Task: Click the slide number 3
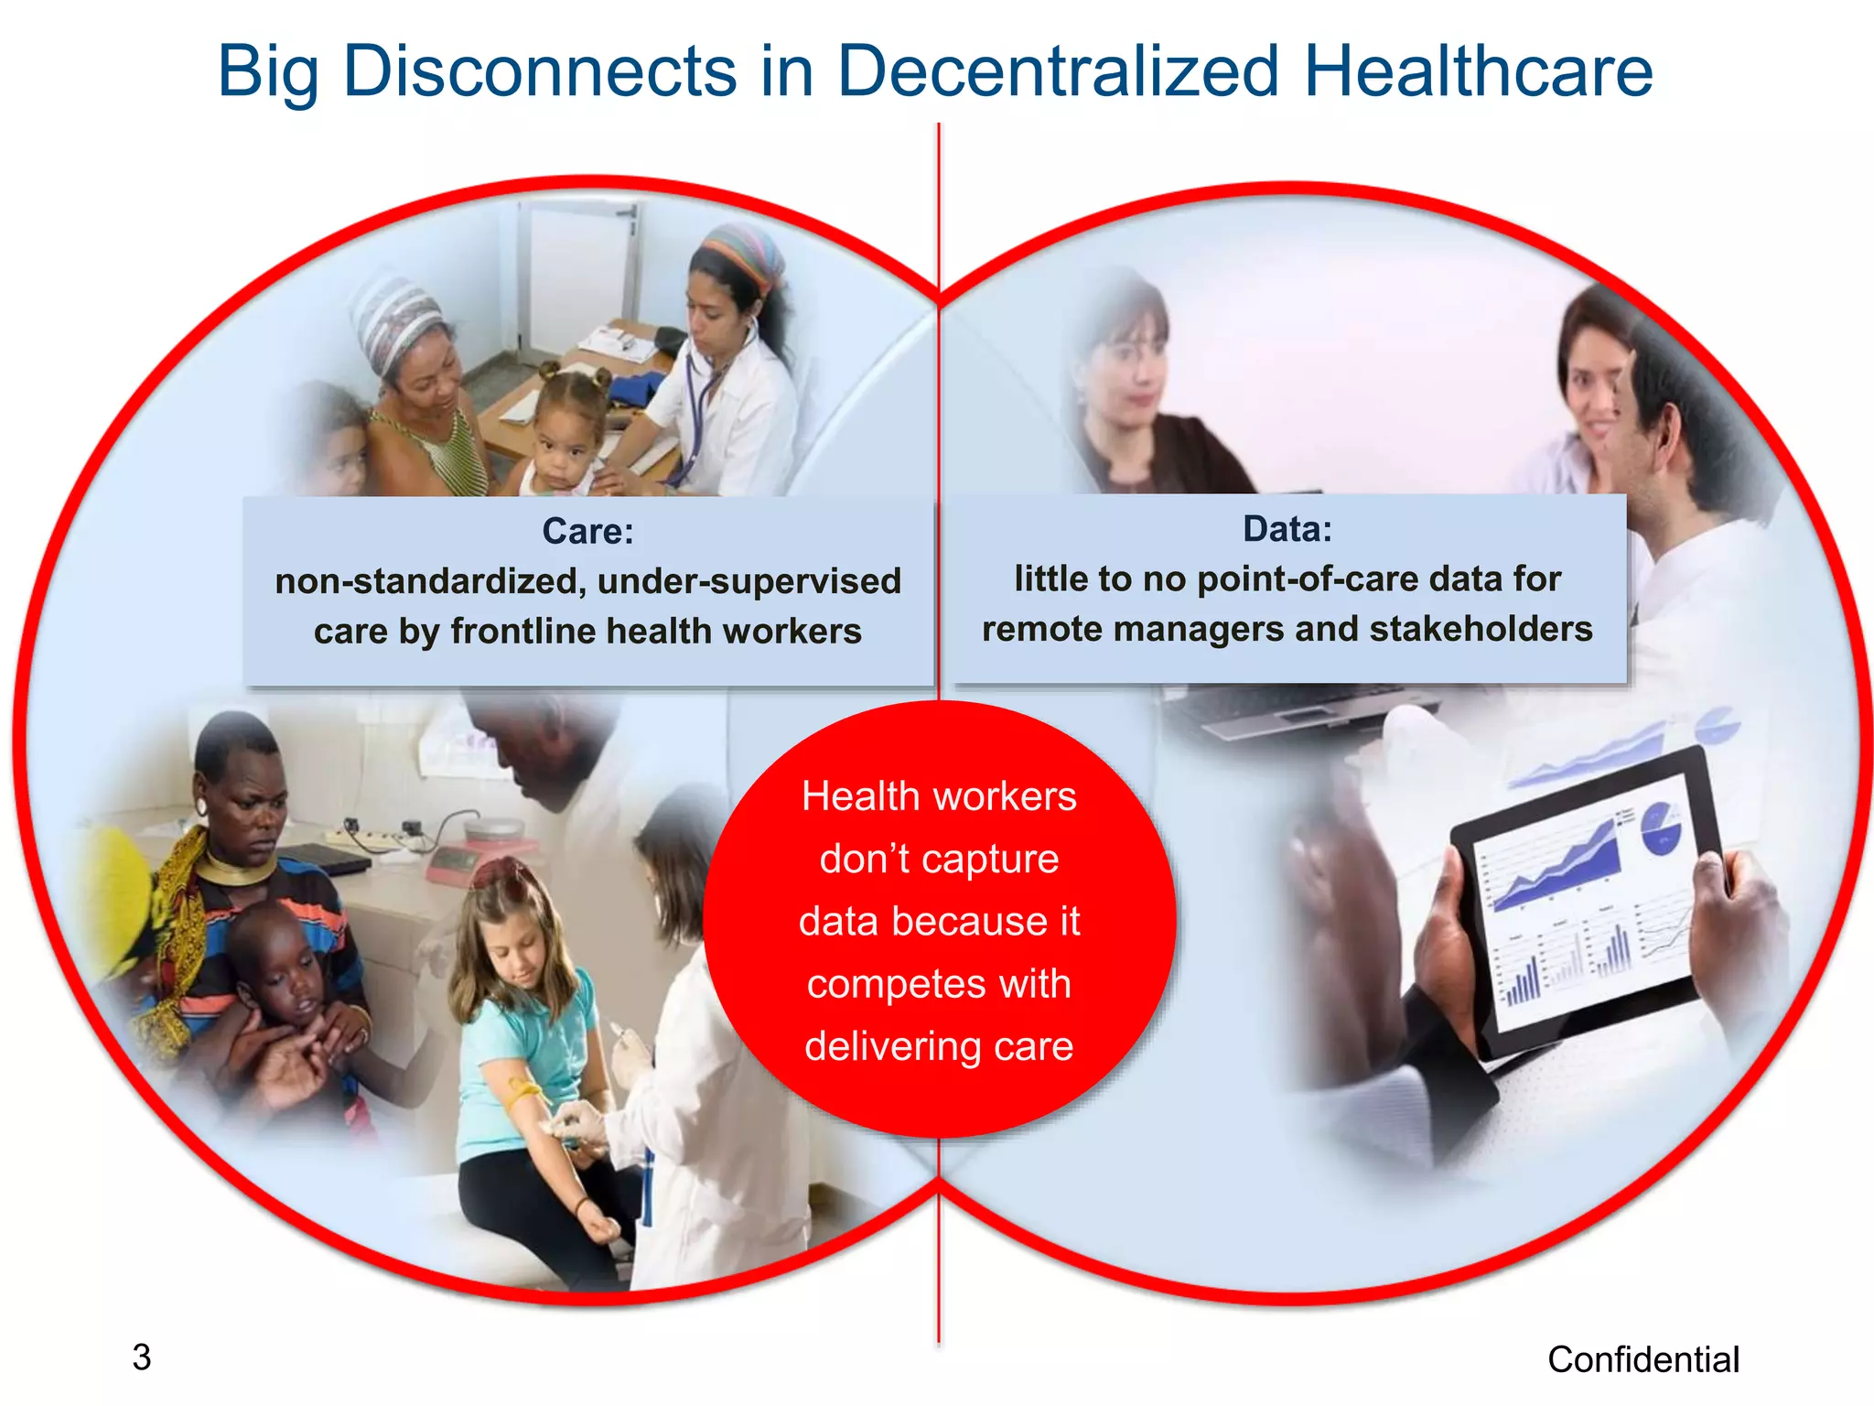[x=141, y=1357]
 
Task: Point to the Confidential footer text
[x=1642, y=1359]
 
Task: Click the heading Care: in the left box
[x=587, y=531]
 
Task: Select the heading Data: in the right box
[x=1287, y=528]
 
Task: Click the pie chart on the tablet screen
[x=1660, y=828]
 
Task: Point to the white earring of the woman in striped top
[x=201, y=806]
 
